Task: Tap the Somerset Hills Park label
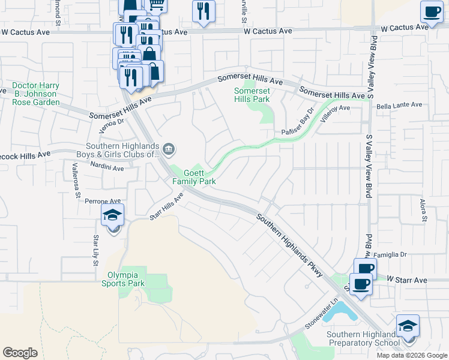[252, 95]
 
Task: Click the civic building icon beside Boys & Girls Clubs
[169, 149]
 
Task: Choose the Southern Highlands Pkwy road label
[291, 245]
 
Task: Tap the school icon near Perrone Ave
[112, 216]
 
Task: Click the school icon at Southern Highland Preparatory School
[408, 327]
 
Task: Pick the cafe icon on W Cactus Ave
[431, 13]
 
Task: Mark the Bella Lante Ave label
[399, 105]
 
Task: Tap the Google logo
[20, 353]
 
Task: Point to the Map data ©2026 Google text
[412, 355]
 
